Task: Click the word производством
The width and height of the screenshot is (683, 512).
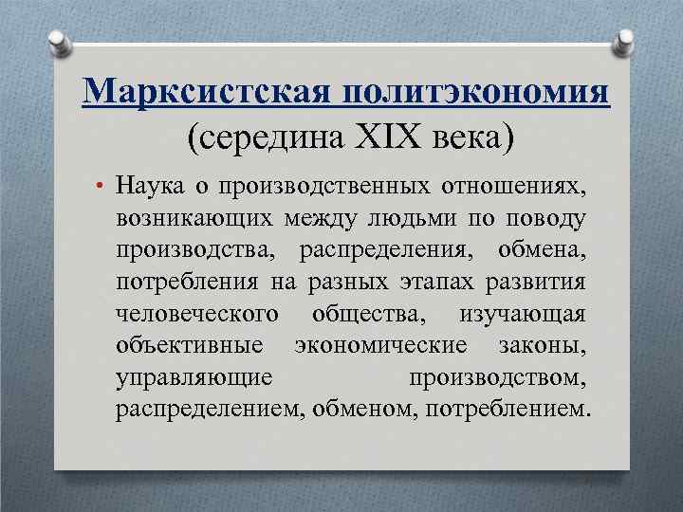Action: point(499,377)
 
